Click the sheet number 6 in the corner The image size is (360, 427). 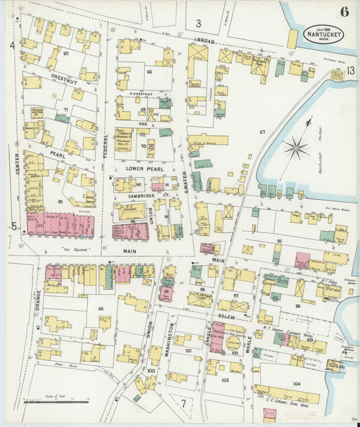point(344,11)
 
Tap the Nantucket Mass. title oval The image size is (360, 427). point(322,34)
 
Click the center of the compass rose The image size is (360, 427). point(295,149)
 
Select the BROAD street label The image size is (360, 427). point(205,42)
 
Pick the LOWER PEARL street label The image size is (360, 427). point(140,167)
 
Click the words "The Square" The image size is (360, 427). point(66,249)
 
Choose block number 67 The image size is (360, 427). point(262,132)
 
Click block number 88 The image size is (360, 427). point(101,308)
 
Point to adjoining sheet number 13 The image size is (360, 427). point(351,70)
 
